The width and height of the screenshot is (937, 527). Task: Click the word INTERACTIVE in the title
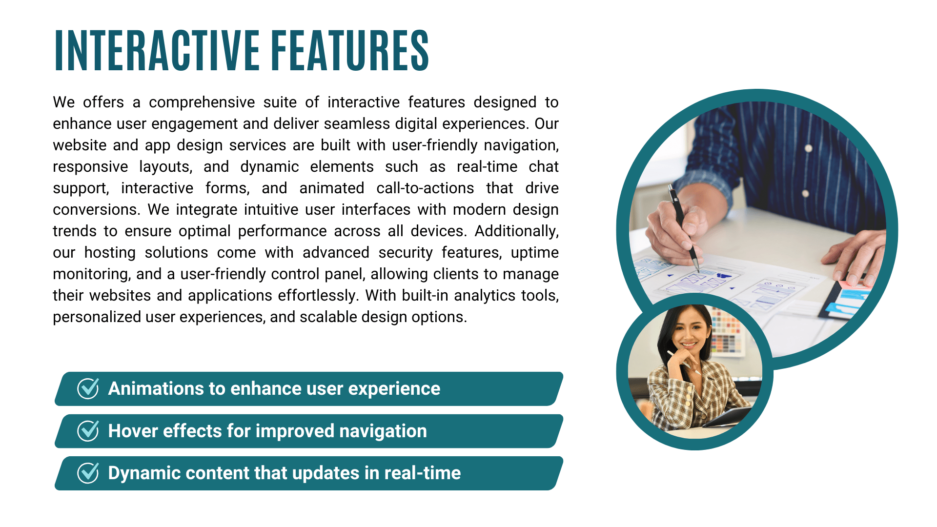point(157,50)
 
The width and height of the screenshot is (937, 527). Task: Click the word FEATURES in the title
point(350,50)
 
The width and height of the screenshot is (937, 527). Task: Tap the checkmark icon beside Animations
point(88,388)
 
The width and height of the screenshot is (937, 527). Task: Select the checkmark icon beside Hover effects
point(88,431)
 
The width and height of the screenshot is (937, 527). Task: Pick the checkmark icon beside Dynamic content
point(88,473)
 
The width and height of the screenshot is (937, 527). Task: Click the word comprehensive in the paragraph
point(202,102)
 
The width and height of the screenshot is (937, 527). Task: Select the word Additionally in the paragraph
point(516,231)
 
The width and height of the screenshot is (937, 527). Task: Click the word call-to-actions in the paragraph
point(425,188)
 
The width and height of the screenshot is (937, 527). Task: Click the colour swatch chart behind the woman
point(728,334)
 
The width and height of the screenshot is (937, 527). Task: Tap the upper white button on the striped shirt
point(808,148)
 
